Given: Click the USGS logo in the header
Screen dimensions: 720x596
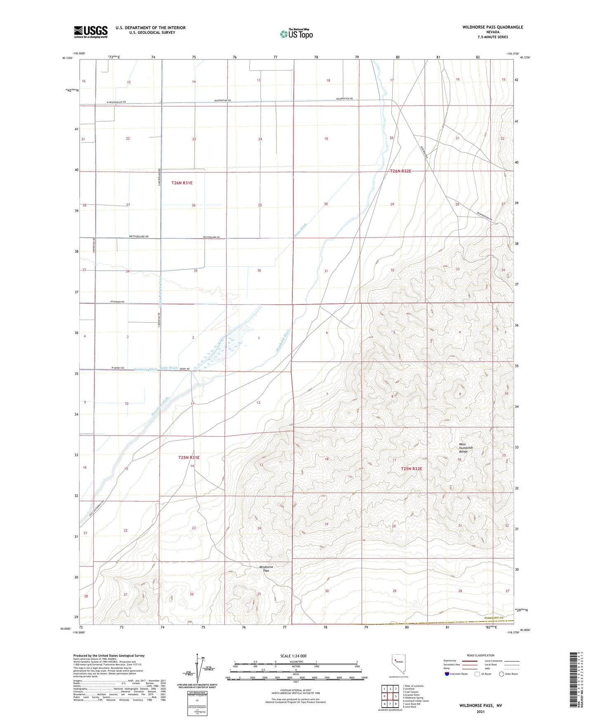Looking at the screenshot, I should pos(91,32).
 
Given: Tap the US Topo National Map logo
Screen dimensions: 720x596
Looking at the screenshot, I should pos(296,33).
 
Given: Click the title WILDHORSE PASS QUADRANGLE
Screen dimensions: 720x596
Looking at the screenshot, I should pos(492,27).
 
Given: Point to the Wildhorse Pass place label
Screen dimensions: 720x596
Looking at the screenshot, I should pos(266,569).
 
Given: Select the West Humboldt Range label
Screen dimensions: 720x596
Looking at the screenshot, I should pos(463,448).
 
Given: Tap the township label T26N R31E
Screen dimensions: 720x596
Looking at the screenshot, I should pos(182,183).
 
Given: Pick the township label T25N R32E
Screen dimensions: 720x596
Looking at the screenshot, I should pos(411,468).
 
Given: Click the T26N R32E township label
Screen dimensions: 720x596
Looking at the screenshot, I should pos(400,171).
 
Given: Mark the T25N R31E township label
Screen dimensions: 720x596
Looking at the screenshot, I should pos(189,457).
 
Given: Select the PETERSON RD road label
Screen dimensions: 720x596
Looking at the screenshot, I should pos(117,302).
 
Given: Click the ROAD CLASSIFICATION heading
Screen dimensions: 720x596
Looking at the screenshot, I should pos(481,655).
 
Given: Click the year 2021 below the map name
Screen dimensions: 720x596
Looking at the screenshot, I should pos(481,711).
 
